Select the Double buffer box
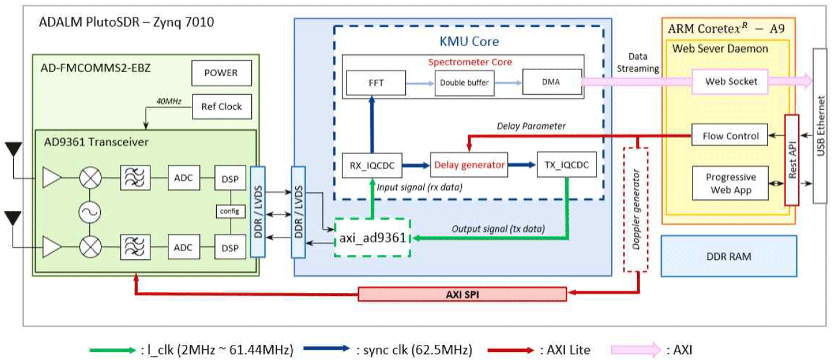coord(461,82)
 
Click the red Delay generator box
coord(469,165)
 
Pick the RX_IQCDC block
coord(368,165)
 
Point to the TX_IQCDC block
coord(562,165)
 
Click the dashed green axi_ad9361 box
coord(372,238)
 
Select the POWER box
coord(220,74)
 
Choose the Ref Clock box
coord(220,107)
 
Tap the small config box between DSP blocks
coord(229,211)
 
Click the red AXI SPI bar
coord(462,294)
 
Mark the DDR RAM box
coord(728,256)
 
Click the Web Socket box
coord(732,81)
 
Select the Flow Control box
coord(729,136)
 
